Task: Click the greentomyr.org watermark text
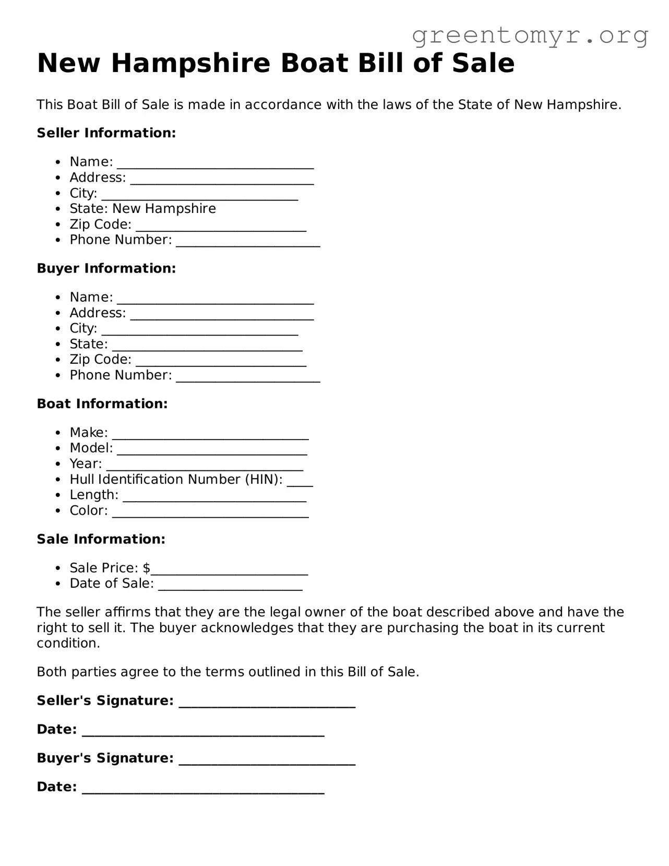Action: pyautogui.click(x=530, y=35)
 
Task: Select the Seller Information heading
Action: pyautogui.click(x=106, y=133)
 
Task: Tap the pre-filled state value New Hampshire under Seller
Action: pyautogui.click(x=164, y=209)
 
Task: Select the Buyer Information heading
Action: pyautogui.click(x=106, y=268)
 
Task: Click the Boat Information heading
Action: pyautogui.click(x=102, y=404)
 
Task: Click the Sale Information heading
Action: pyautogui.click(x=101, y=539)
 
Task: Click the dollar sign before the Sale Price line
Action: pyautogui.click(x=147, y=568)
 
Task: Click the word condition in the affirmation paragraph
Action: pyautogui.click(x=67, y=643)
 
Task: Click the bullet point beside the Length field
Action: pyautogui.click(x=58, y=495)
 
